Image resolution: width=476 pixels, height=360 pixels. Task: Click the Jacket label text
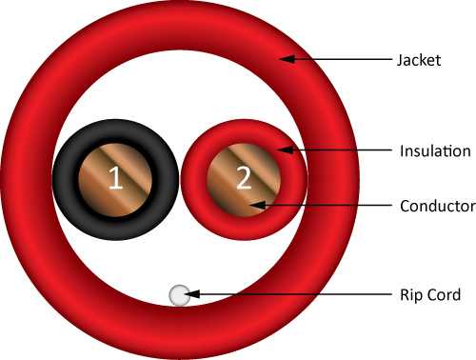pos(419,61)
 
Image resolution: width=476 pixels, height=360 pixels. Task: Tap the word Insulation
pos(435,151)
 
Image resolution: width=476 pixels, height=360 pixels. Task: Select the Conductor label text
pos(438,206)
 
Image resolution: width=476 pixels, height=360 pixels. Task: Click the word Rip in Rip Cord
pos(410,295)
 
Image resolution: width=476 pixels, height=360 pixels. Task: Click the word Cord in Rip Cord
pos(443,294)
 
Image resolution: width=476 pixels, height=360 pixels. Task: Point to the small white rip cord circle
pos(180,295)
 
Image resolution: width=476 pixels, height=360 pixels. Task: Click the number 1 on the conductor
pos(115,178)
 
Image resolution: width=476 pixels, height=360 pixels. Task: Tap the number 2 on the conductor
pos(244,178)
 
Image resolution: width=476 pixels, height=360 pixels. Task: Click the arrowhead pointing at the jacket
pos(288,59)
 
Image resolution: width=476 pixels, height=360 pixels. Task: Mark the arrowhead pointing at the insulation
pos(286,150)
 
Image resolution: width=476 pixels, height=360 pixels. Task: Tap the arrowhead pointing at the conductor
pos(258,205)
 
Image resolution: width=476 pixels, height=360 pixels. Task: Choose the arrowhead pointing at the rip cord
pos(192,294)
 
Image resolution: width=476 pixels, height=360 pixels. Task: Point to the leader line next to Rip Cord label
pos(288,294)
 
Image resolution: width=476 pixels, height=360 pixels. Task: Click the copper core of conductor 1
pos(95,190)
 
